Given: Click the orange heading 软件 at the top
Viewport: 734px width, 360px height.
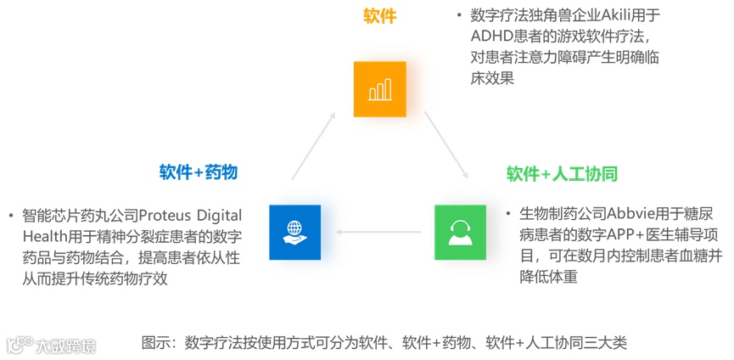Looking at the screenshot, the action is tap(379, 17).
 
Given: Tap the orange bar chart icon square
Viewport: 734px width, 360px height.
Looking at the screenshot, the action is tap(380, 89).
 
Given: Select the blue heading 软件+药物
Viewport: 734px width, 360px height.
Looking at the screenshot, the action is tap(199, 172).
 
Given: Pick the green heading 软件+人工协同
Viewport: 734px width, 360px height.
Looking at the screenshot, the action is tap(562, 174).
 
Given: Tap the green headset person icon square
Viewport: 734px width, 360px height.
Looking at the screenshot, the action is tap(461, 231).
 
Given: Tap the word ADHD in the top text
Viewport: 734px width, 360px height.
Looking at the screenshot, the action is tap(490, 37).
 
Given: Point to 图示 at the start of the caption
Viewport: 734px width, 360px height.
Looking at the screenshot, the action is tap(156, 343).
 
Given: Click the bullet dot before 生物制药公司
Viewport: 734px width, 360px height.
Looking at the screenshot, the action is tap(508, 214).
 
